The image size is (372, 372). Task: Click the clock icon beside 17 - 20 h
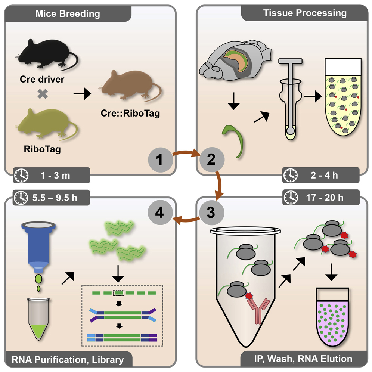coord(291,197)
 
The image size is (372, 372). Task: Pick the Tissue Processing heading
coord(305,13)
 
